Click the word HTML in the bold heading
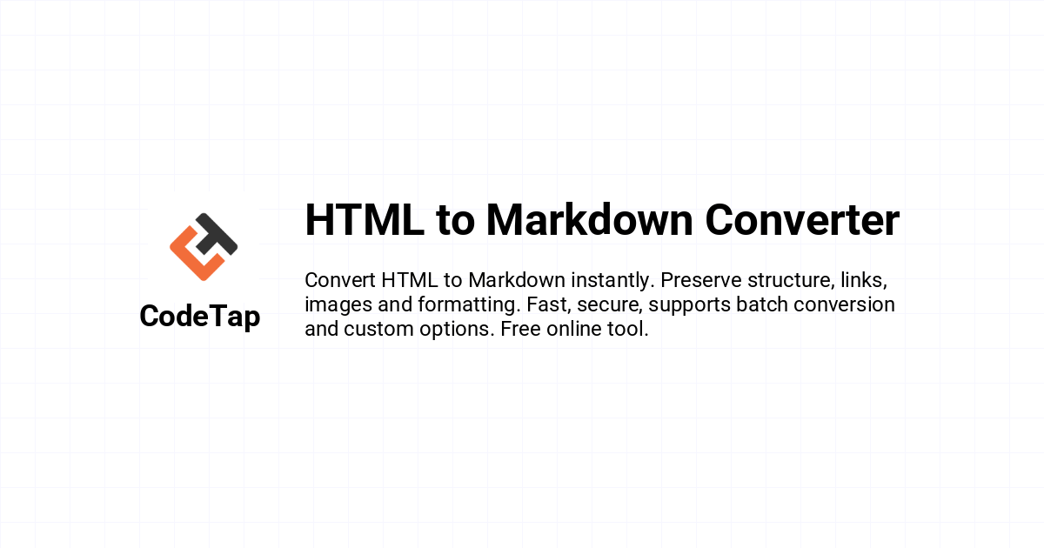365,220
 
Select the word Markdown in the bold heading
589,219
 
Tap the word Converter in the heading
802,220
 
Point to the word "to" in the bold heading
455,221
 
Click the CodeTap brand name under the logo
200,317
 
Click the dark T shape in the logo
216,234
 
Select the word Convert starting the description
340,280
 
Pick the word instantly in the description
612,281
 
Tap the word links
864,281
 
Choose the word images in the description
338,305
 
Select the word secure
610,305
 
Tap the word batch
761,304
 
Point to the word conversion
844,304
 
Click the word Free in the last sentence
520,329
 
